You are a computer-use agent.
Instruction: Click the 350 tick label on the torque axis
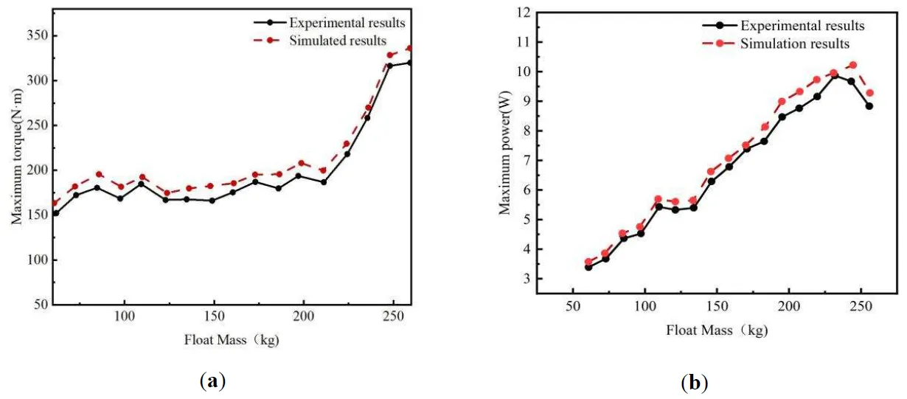[x=29, y=35]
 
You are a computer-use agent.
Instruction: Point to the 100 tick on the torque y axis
[x=29, y=260]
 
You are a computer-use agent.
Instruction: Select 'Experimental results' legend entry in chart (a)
[x=347, y=24]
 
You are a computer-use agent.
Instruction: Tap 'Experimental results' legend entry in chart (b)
[x=803, y=27]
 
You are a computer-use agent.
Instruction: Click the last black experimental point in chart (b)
[x=869, y=105]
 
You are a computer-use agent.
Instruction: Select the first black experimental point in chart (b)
[x=588, y=267]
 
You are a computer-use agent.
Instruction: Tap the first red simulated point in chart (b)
[x=588, y=262]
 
